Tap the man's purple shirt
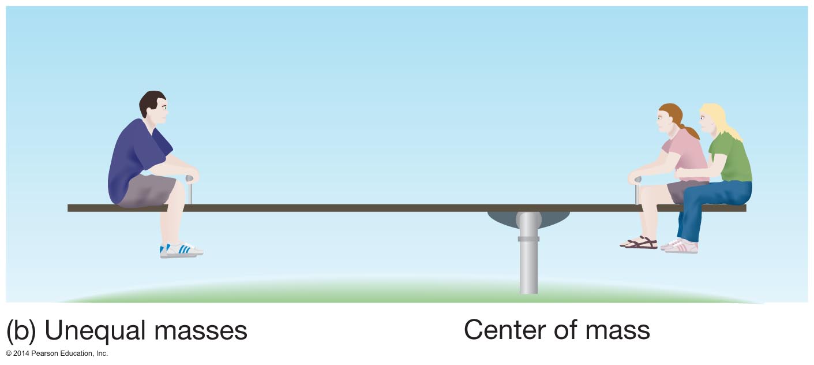click(x=136, y=156)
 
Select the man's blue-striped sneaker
click(x=181, y=249)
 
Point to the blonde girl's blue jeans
click(x=710, y=199)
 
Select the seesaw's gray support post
click(x=528, y=266)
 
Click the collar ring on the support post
click(x=528, y=238)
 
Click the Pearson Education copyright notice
click(x=57, y=353)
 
